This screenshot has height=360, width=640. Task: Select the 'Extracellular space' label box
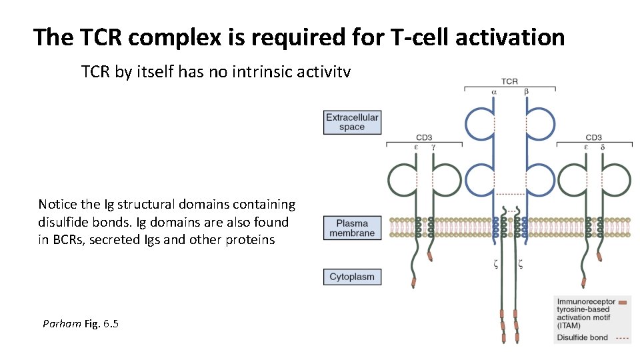(351, 122)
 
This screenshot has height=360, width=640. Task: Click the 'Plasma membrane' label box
(351, 228)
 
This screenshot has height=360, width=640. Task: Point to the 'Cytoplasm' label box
(351, 277)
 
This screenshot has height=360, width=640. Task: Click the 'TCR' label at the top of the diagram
(509, 81)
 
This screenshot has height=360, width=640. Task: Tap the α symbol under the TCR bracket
(494, 91)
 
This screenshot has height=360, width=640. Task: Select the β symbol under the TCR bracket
(526, 91)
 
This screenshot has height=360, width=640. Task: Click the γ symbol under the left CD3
(433, 146)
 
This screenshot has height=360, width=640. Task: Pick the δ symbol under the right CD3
(603, 146)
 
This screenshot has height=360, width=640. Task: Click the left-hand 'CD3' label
(425, 137)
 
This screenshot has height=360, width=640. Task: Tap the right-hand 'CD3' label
(593, 137)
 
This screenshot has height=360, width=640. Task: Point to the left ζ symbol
(495, 264)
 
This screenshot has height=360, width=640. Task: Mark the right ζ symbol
(520, 264)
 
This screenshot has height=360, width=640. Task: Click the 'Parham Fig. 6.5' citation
(80, 324)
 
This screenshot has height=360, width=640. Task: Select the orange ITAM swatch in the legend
(622, 303)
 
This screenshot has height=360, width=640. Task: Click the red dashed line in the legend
(621, 338)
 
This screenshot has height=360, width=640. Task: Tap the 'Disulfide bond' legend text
(582, 338)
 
